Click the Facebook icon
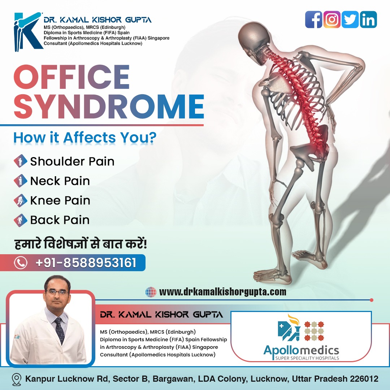314,19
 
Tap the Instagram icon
332,19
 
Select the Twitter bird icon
350,19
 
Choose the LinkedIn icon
368,19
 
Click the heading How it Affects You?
85,138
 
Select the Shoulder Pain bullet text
72,161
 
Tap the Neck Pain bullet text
60,181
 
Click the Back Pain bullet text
60,220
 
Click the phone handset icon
20,263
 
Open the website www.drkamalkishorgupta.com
222,292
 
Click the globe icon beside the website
151,292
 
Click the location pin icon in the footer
17,379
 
